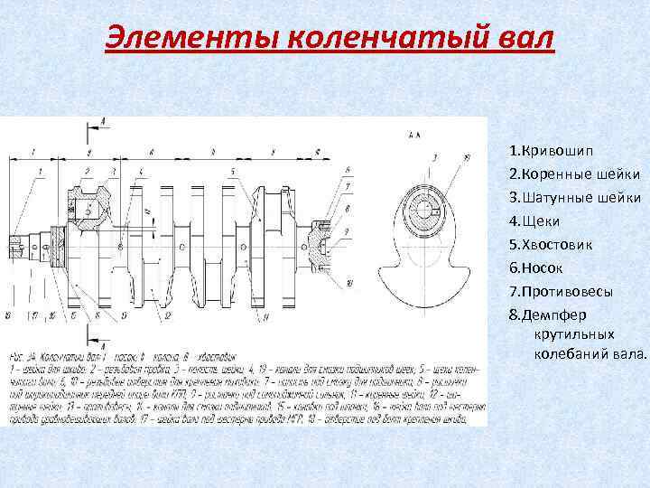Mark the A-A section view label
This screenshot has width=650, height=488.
tap(415, 136)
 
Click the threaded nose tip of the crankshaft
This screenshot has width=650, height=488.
tap(15, 246)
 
